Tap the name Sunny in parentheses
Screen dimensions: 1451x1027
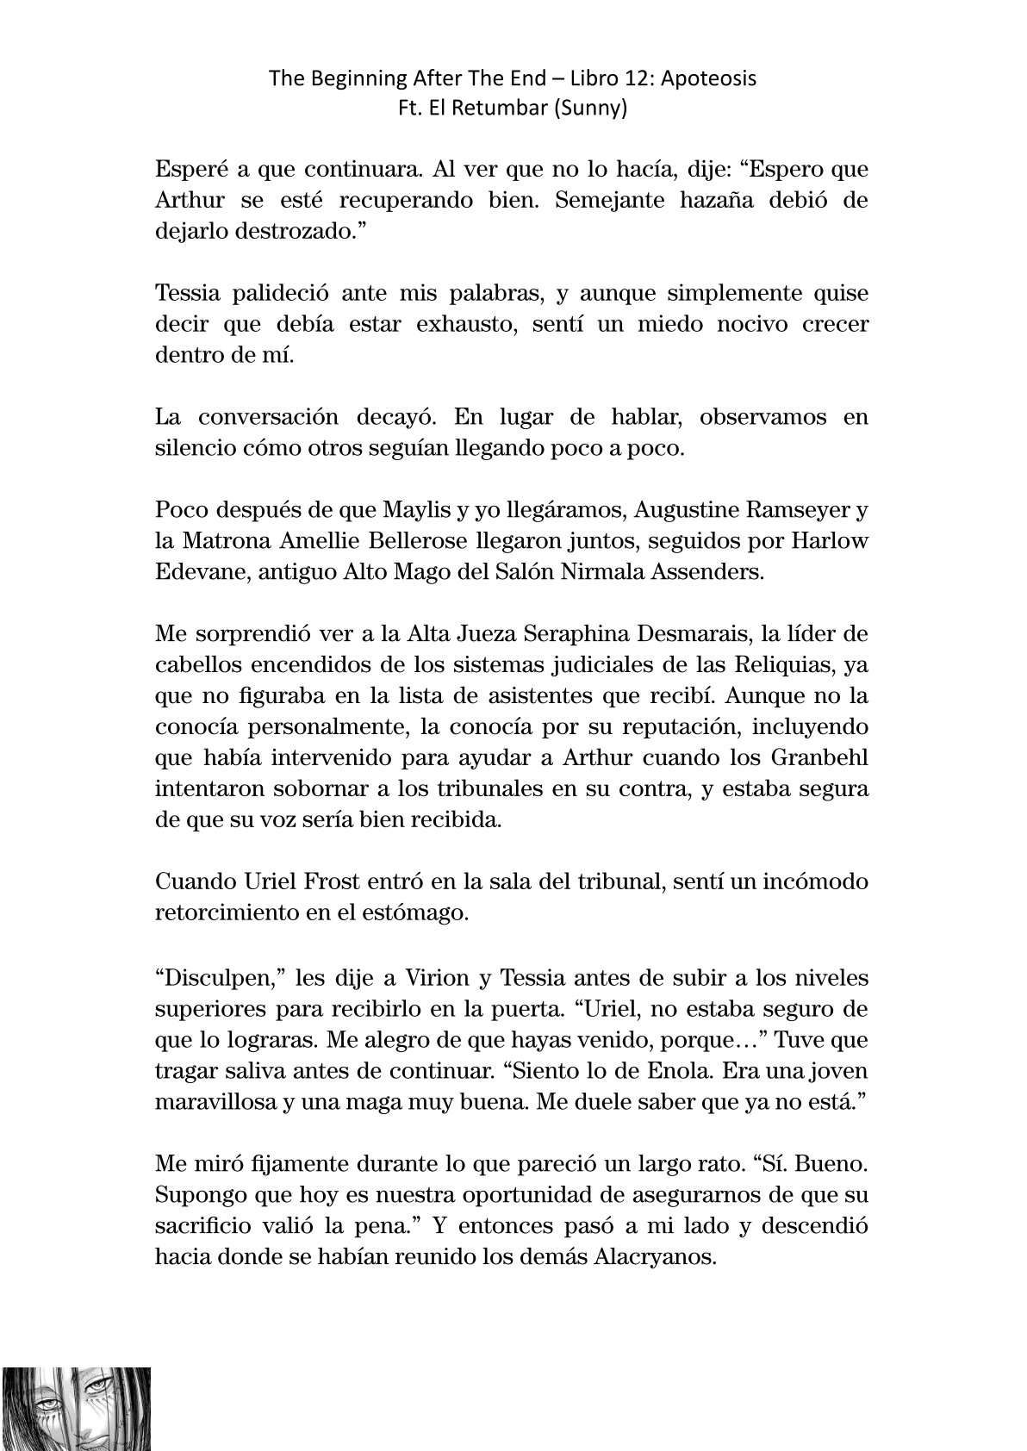(x=594, y=109)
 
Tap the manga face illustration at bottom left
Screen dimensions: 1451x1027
(x=76, y=1407)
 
